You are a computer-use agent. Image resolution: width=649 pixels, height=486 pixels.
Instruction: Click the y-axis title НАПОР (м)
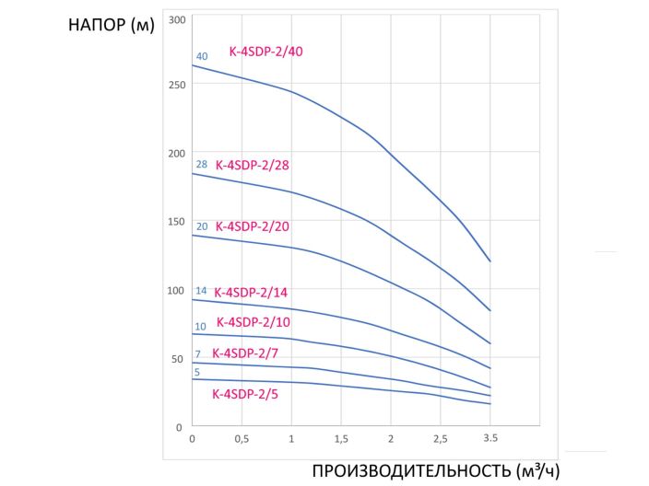point(111,25)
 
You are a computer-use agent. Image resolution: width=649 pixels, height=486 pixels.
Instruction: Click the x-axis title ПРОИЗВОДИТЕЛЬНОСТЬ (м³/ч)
point(435,470)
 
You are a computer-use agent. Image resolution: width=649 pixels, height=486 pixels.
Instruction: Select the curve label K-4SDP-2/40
point(265,52)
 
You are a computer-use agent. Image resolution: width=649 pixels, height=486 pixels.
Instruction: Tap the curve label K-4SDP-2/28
point(253,166)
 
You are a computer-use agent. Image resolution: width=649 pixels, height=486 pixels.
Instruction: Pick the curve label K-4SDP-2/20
point(253,226)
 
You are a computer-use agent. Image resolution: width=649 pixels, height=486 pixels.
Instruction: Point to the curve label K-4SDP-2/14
point(251,293)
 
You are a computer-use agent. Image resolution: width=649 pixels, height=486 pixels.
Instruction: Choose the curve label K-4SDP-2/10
point(253,322)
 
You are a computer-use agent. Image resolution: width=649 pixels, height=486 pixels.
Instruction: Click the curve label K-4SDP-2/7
point(245,353)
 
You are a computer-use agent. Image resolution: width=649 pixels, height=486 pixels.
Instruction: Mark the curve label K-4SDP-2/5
point(245,393)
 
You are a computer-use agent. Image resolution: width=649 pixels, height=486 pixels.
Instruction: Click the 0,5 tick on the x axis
point(242,438)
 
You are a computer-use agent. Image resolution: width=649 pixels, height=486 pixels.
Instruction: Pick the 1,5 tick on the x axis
point(341,438)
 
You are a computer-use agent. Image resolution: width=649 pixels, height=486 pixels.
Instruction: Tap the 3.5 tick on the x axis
point(490,438)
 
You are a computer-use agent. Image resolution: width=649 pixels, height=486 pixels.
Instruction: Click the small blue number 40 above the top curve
point(202,56)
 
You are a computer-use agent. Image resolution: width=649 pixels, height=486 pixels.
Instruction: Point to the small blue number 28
point(202,165)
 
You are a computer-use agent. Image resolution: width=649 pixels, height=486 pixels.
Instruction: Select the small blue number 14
point(201,291)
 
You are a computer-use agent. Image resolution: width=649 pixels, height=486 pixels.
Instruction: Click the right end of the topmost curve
point(490,261)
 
